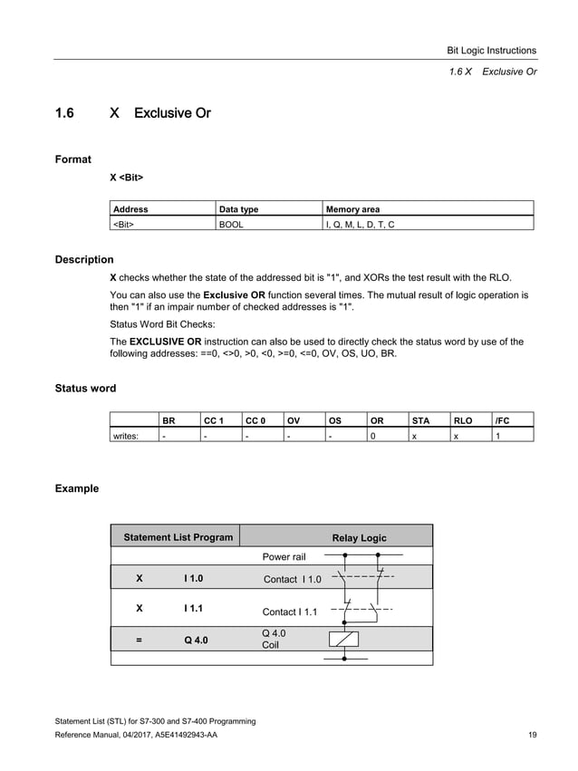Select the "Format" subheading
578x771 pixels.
tap(72, 159)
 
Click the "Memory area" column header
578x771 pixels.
tap(352, 209)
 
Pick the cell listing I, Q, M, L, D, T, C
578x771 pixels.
tap(360, 223)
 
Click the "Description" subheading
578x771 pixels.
tap(84, 260)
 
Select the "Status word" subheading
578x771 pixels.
tap(85, 389)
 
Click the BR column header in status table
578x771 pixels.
tap(169, 420)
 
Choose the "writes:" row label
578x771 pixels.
tap(125, 435)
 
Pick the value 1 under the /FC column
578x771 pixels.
tap(496, 435)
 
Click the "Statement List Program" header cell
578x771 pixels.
tap(178, 537)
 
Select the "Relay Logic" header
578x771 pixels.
tap(359, 538)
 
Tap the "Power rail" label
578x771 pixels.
tap(284, 557)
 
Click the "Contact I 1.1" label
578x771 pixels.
tap(289, 612)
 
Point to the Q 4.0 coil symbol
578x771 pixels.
tap(348, 639)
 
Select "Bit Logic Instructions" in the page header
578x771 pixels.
tap(493, 51)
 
